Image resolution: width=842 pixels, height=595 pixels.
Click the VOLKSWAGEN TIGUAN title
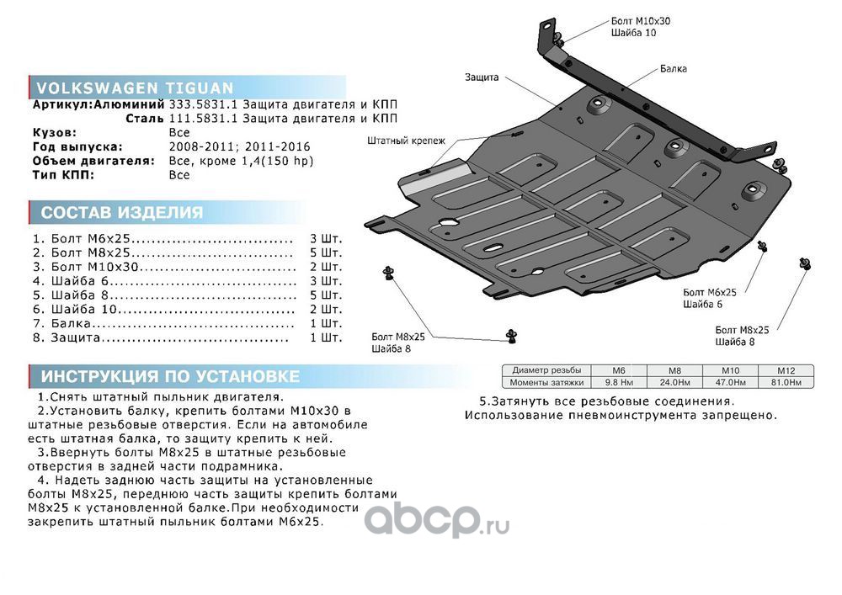(x=135, y=88)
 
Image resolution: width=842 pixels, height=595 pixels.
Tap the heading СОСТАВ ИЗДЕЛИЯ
(x=122, y=212)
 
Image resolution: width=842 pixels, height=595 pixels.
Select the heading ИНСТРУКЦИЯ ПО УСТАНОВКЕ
(x=170, y=376)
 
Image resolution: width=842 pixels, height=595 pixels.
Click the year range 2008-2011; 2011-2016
(x=239, y=146)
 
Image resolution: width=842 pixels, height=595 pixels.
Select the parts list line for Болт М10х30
(x=187, y=267)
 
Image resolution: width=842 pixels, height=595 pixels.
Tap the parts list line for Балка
(x=187, y=323)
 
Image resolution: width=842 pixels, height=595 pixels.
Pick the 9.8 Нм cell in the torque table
(x=619, y=383)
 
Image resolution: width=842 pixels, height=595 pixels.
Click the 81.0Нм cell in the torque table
(x=785, y=383)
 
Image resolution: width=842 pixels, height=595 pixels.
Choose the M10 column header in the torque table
(x=730, y=370)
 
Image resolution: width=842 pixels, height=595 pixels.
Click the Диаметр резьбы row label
(x=546, y=370)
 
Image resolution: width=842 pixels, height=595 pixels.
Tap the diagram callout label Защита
(x=482, y=77)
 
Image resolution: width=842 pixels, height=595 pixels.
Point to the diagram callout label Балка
(x=674, y=69)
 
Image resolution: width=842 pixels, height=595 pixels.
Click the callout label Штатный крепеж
(x=407, y=141)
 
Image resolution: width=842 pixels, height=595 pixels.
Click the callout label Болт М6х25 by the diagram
(x=709, y=292)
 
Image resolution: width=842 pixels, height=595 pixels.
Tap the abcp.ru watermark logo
(x=437, y=520)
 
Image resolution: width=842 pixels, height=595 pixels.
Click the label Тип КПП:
(x=63, y=175)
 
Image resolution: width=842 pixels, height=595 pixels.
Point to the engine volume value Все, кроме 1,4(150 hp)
(x=241, y=161)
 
